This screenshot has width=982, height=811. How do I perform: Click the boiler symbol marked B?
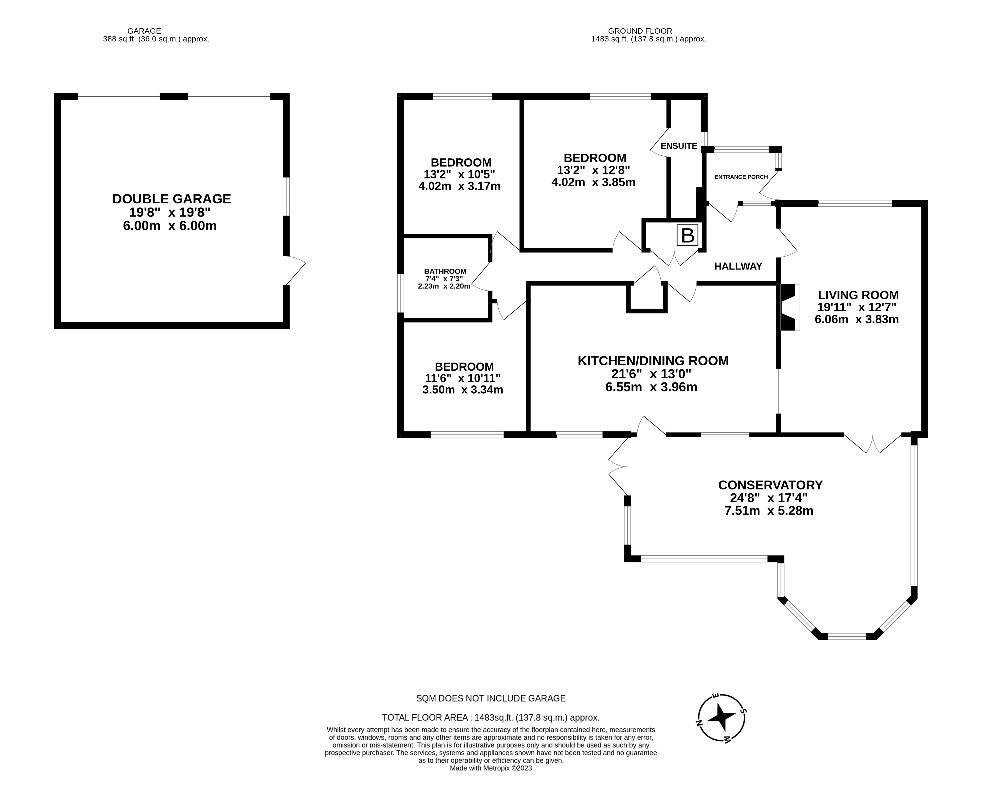pyautogui.click(x=687, y=235)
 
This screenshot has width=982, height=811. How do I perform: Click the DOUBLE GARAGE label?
pyautogui.click(x=171, y=199)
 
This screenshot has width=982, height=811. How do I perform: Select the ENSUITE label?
pyautogui.click(x=678, y=146)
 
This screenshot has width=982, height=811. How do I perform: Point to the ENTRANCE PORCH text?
pyautogui.click(x=741, y=177)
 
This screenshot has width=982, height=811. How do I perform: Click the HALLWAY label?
pyautogui.click(x=738, y=266)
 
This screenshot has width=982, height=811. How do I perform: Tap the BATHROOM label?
pyautogui.click(x=445, y=271)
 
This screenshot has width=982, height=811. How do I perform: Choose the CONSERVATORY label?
pyautogui.click(x=770, y=485)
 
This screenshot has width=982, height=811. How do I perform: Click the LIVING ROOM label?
pyautogui.click(x=858, y=295)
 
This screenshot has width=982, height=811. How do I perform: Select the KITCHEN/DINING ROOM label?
pyautogui.click(x=653, y=361)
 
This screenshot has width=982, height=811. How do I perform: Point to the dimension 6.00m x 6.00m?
pyautogui.click(x=173, y=226)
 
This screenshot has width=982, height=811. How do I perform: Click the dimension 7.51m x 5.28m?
pyautogui.click(x=769, y=511)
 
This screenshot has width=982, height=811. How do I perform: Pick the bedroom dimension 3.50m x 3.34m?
pyautogui.click(x=462, y=390)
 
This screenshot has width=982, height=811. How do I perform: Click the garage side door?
pyautogui.click(x=294, y=271)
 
